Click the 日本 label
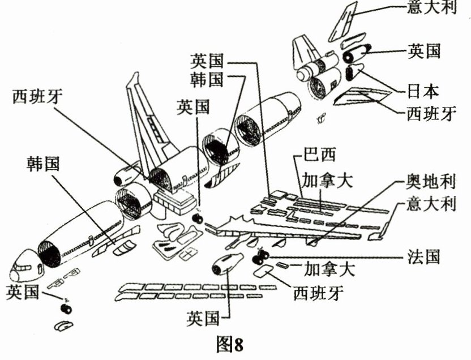(423, 91)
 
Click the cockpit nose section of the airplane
(22, 266)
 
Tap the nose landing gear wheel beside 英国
(66, 308)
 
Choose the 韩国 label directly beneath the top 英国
(207, 79)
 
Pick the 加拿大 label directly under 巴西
(328, 181)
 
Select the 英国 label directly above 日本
(423, 52)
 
